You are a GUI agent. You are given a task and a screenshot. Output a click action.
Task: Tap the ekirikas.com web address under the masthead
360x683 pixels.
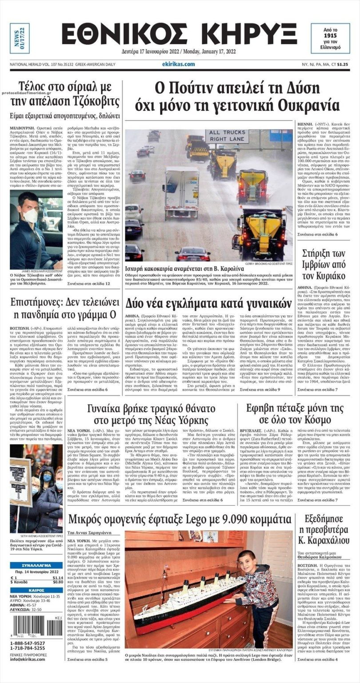pyautogui.click(x=179, y=64)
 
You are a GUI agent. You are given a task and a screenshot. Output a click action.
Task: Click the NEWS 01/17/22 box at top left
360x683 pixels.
pyautogui.click(x=20, y=38)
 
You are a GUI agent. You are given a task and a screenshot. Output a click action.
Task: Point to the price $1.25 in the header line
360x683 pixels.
pyautogui.click(x=343, y=64)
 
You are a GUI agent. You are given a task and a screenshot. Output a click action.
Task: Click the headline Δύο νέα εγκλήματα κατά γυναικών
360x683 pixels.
pyautogui.click(x=208, y=304)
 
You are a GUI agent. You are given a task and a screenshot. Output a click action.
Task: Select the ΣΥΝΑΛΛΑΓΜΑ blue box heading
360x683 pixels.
pyautogui.click(x=36, y=565)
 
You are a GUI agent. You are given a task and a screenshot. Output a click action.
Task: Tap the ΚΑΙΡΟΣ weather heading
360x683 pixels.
pyautogui.click(x=36, y=590)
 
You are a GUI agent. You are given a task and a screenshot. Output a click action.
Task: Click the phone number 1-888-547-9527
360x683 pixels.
pyautogui.click(x=27, y=643)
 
